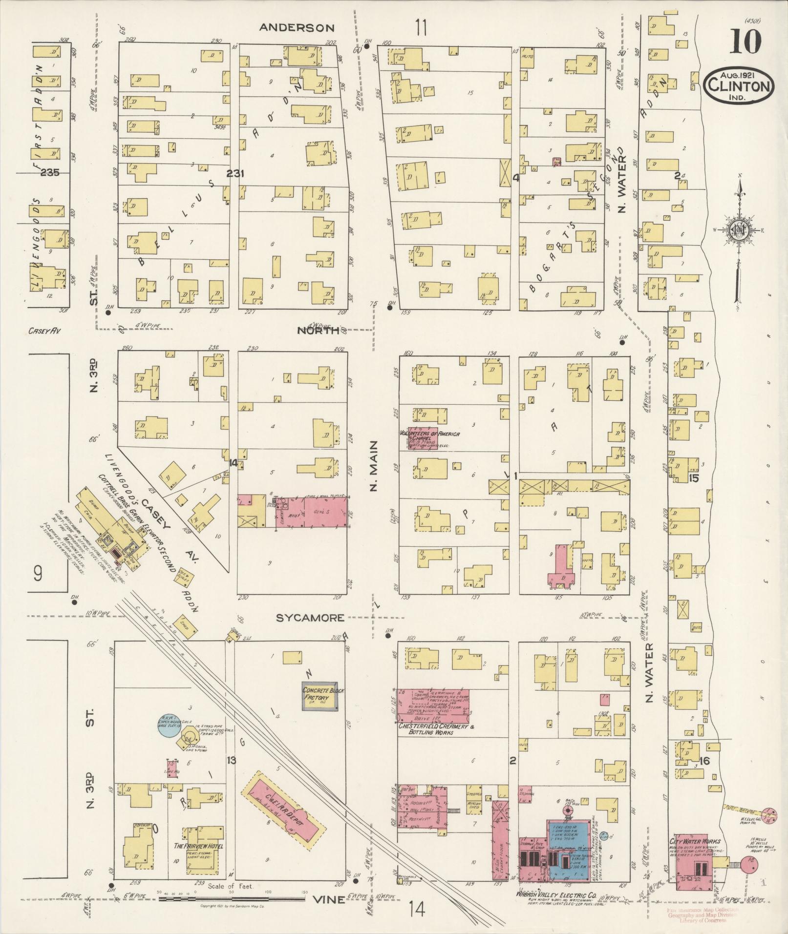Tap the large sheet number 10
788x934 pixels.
pos(745,42)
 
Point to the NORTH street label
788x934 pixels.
pos(318,331)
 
